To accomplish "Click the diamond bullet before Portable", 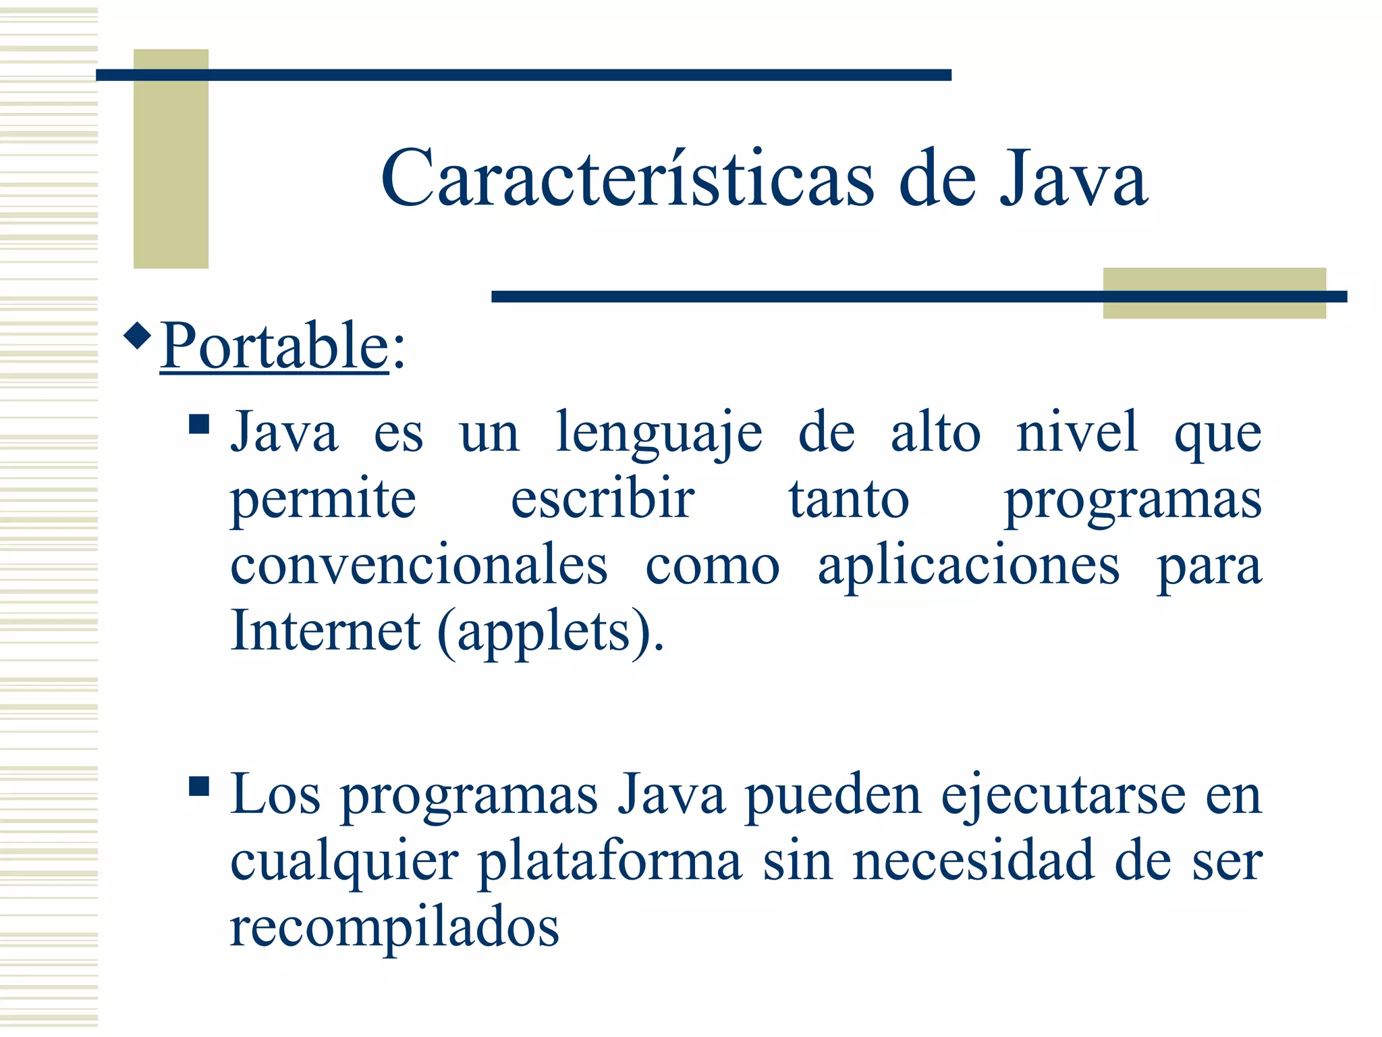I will pyautogui.click(x=138, y=336).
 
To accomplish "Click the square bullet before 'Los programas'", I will pyautogui.click(x=199, y=787).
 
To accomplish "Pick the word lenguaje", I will pyautogui.click(x=659, y=433).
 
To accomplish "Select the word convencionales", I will pyautogui.click(x=418, y=566).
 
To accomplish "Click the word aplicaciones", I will pyautogui.click(x=969, y=566).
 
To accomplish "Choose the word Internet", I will pyautogui.click(x=325, y=631).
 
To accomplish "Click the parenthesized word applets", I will pyautogui.click(x=544, y=632).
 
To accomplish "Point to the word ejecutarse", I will pyautogui.click(x=1063, y=795).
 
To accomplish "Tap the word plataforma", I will pyautogui.click(x=610, y=861).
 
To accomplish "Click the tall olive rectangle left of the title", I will pyautogui.click(x=171, y=159).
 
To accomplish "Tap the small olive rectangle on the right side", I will pyautogui.click(x=1214, y=293).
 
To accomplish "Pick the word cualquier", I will pyautogui.click(x=344, y=861).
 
